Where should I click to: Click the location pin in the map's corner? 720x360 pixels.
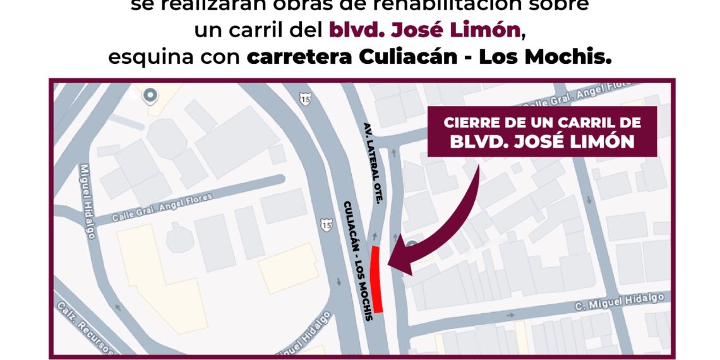[x=150, y=96]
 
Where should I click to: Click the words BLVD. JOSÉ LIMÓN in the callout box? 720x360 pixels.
[x=542, y=142]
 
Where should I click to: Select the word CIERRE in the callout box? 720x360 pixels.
[x=471, y=123]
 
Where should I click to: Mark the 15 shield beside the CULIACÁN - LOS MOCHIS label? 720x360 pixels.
[x=326, y=225]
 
